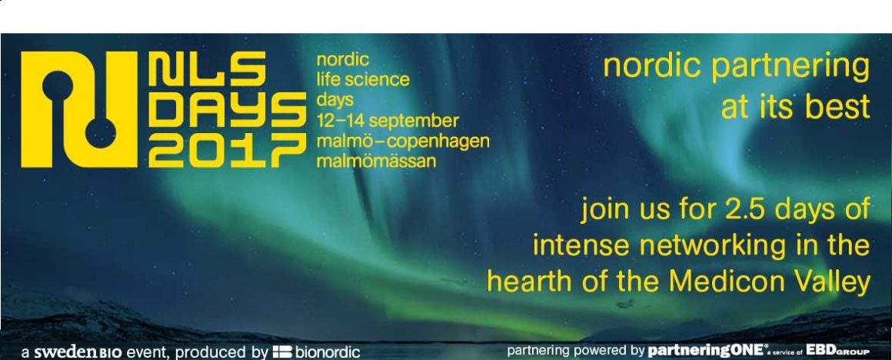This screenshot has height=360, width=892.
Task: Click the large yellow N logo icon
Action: (79, 109)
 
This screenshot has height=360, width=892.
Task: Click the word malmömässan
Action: (376, 161)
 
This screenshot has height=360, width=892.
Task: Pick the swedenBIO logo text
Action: (78, 352)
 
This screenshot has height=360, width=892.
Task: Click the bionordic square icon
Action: (282, 352)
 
